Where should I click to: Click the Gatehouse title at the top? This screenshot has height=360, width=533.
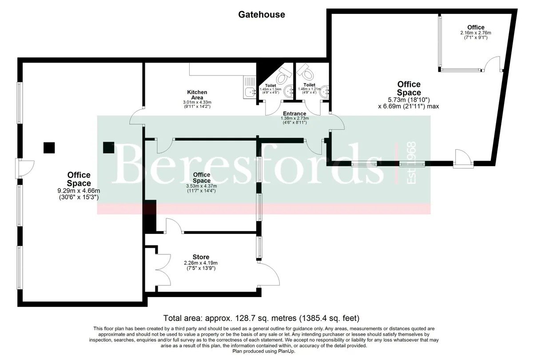[x=262, y=15]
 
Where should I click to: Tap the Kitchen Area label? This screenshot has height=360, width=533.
[x=197, y=95]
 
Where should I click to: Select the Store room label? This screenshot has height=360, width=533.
[x=201, y=257]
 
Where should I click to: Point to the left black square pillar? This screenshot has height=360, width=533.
[x=49, y=148]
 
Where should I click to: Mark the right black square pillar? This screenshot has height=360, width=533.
[x=108, y=147]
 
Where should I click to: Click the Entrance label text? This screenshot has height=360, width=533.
[x=294, y=114]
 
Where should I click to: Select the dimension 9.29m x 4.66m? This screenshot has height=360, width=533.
[x=79, y=191]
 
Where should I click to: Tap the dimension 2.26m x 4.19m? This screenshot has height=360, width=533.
[x=201, y=263]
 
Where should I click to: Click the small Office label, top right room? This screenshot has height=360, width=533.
[x=476, y=28]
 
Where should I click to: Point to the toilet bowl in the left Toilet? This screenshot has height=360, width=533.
[x=283, y=75]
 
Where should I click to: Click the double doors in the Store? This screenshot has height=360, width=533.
[x=163, y=269]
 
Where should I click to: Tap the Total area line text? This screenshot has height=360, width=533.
[x=261, y=318]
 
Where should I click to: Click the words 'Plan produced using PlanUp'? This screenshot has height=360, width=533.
[x=264, y=351]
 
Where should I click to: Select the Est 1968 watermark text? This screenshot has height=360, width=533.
[x=411, y=162]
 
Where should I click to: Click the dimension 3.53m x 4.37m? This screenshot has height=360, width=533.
[x=201, y=186]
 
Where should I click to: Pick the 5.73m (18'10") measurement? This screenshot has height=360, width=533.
[x=409, y=99]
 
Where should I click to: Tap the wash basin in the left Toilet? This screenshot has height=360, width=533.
[x=290, y=91]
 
